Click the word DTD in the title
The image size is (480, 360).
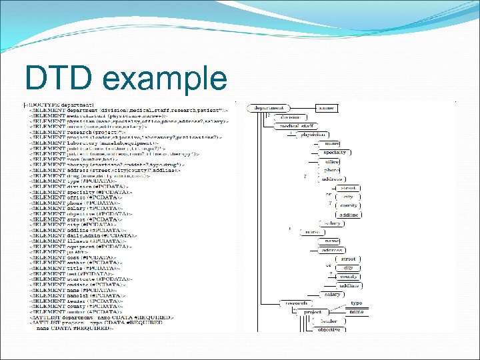[x=59, y=77]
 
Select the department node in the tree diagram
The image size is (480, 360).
[x=269, y=107]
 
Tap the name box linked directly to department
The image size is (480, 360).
[x=327, y=107]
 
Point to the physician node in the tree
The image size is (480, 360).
[x=313, y=134]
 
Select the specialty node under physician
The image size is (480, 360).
[x=335, y=152]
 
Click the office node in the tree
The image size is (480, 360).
[x=333, y=161]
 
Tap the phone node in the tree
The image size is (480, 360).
[x=332, y=170]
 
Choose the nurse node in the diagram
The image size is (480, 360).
[x=311, y=232]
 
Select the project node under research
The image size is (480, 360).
[x=313, y=311]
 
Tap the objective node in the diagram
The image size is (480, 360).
[x=329, y=329]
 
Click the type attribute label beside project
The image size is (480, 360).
[x=357, y=303]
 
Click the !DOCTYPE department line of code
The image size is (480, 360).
[x=53, y=105]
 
